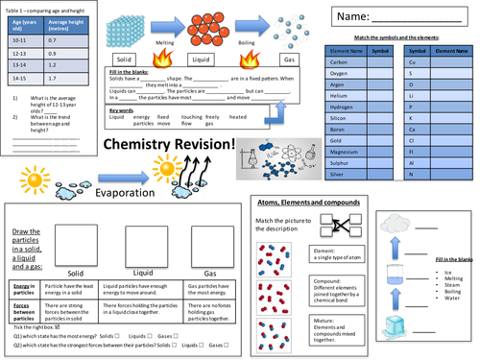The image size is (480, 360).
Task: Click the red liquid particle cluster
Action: [x=211, y=24]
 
